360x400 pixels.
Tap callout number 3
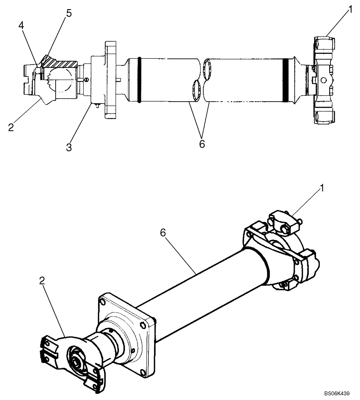[x=69, y=147]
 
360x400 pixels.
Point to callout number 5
[x=69, y=14]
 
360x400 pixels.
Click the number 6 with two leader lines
[x=202, y=143]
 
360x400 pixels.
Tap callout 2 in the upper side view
[x=11, y=128]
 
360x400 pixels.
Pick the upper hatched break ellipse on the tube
[x=208, y=69]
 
